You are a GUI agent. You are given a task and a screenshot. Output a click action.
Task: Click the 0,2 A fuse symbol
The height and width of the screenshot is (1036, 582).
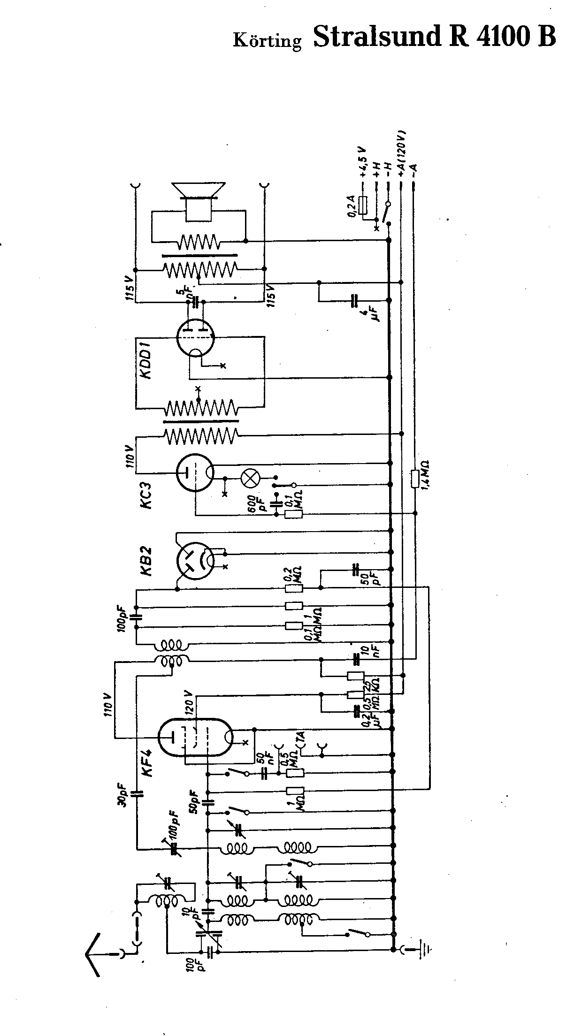coord(363,205)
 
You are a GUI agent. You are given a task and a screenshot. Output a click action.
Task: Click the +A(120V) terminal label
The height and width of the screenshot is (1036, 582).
coord(402,153)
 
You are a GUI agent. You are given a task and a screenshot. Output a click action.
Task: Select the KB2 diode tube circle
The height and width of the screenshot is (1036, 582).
coord(195,560)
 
